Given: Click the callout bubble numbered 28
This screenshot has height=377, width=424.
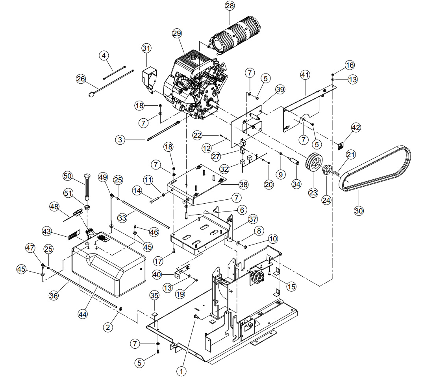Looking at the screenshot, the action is pyautogui.click(x=230, y=6).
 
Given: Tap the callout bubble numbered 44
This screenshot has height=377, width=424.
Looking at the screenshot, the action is pyautogui.click(x=82, y=314).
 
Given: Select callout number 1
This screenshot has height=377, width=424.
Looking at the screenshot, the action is pyautogui.click(x=181, y=371).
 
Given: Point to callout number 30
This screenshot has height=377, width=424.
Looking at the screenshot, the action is pyautogui.click(x=359, y=211).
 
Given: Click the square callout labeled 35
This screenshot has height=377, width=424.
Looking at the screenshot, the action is pyautogui.click(x=154, y=296).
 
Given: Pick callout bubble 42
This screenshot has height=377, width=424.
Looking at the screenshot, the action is pyautogui.click(x=356, y=127).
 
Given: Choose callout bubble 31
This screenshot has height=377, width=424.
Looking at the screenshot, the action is pyautogui.click(x=146, y=48).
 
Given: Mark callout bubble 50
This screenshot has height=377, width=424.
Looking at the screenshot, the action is pyautogui.click(x=68, y=176).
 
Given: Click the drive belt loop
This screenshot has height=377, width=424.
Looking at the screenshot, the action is pyautogui.click(x=375, y=168).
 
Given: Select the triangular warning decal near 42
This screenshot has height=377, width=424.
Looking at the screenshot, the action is pyautogui.click(x=341, y=146).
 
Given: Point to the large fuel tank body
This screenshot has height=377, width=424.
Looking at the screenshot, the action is pyautogui.click(x=109, y=263).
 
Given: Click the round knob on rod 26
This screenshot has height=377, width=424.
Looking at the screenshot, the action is pyautogui.click(x=92, y=94).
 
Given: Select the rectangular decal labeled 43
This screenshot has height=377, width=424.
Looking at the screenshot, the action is pyautogui.click(x=74, y=234).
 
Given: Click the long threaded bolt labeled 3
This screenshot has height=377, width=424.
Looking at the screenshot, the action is pyautogui.click(x=163, y=131).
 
